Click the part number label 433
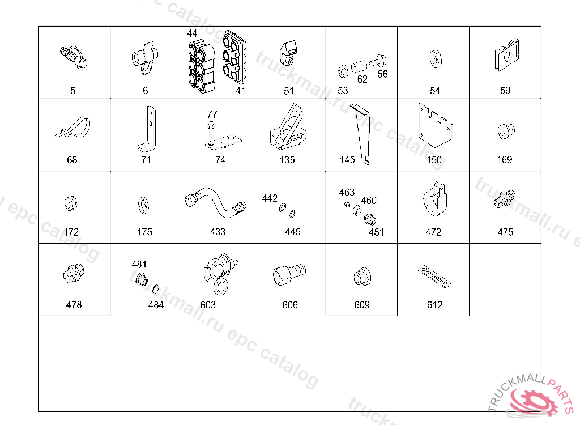tap(217, 232)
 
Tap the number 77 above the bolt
tap(212, 114)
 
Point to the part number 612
tap(434, 305)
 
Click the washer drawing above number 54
tap(435, 58)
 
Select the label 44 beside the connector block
tap(193, 33)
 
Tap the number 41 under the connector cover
tap(241, 90)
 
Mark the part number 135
tap(287, 160)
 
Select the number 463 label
tap(347, 193)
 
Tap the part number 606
tap(290, 305)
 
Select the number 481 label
tap(139, 264)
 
